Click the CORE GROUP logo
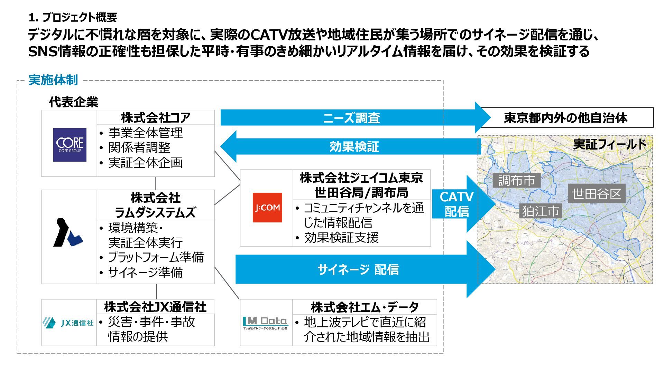(x=70, y=145)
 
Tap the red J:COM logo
(x=267, y=208)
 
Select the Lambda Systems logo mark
(x=67, y=233)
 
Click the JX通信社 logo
(x=68, y=323)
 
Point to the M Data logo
(x=265, y=323)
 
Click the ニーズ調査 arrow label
(x=351, y=118)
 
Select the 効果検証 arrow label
(x=354, y=147)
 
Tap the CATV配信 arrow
(x=456, y=204)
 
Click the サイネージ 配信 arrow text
(x=358, y=269)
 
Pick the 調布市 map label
(x=516, y=180)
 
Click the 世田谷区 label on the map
(x=597, y=194)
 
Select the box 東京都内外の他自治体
(x=565, y=118)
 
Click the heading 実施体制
(x=53, y=80)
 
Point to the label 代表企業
(x=74, y=102)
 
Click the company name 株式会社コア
(x=156, y=118)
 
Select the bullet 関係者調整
(x=139, y=147)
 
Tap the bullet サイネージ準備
(x=145, y=272)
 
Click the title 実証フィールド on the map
(x=609, y=144)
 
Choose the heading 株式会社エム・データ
(x=365, y=307)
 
